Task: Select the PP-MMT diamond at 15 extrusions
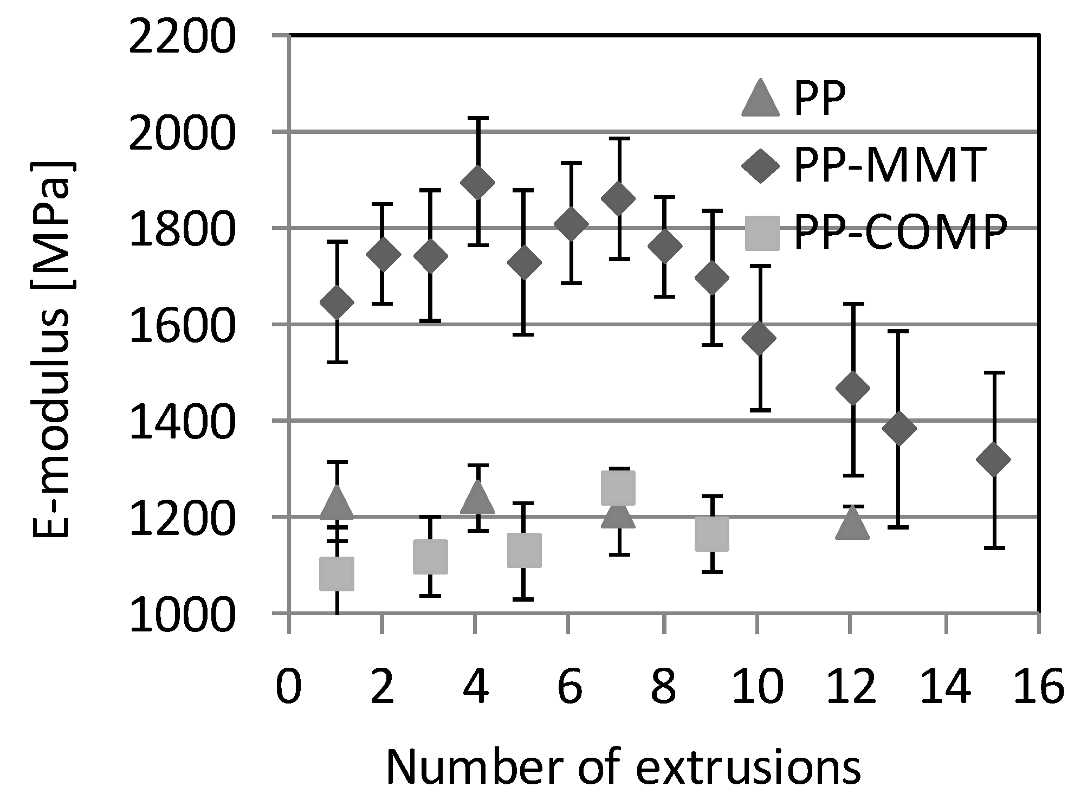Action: [x=994, y=459]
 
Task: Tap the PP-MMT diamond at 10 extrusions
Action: [x=759, y=338]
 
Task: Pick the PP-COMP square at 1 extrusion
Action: [x=336, y=573]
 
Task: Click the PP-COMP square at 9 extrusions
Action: [x=711, y=533]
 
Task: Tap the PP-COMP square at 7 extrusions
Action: [x=618, y=487]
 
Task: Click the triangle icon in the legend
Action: [x=760, y=99]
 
